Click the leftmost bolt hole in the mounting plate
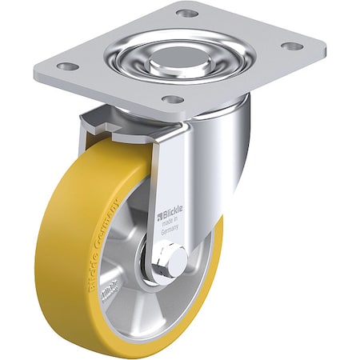pos(70,66)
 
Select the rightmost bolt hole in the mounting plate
pos(293,46)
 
